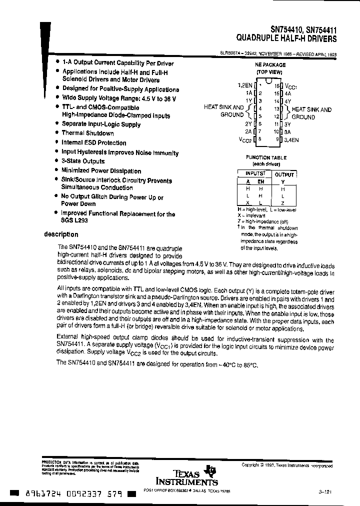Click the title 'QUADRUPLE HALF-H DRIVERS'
click(x=286, y=38)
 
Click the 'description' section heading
click(x=61, y=234)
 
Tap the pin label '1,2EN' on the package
click(x=245, y=85)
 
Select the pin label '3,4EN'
click(x=291, y=140)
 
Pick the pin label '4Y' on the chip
click(x=288, y=101)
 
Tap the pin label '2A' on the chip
click(x=247, y=131)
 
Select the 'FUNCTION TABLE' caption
click(x=265, y=157)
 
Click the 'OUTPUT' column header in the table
click(x=283, y=174)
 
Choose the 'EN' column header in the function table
click(x=260, y=182)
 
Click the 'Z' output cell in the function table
click(x=283, y=203)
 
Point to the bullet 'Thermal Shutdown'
click(x=87, y=133)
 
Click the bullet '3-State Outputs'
click(x=83, y=161)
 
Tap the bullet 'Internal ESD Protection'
click(x=93, y=143)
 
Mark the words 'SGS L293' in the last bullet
click(x=74, y=222)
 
